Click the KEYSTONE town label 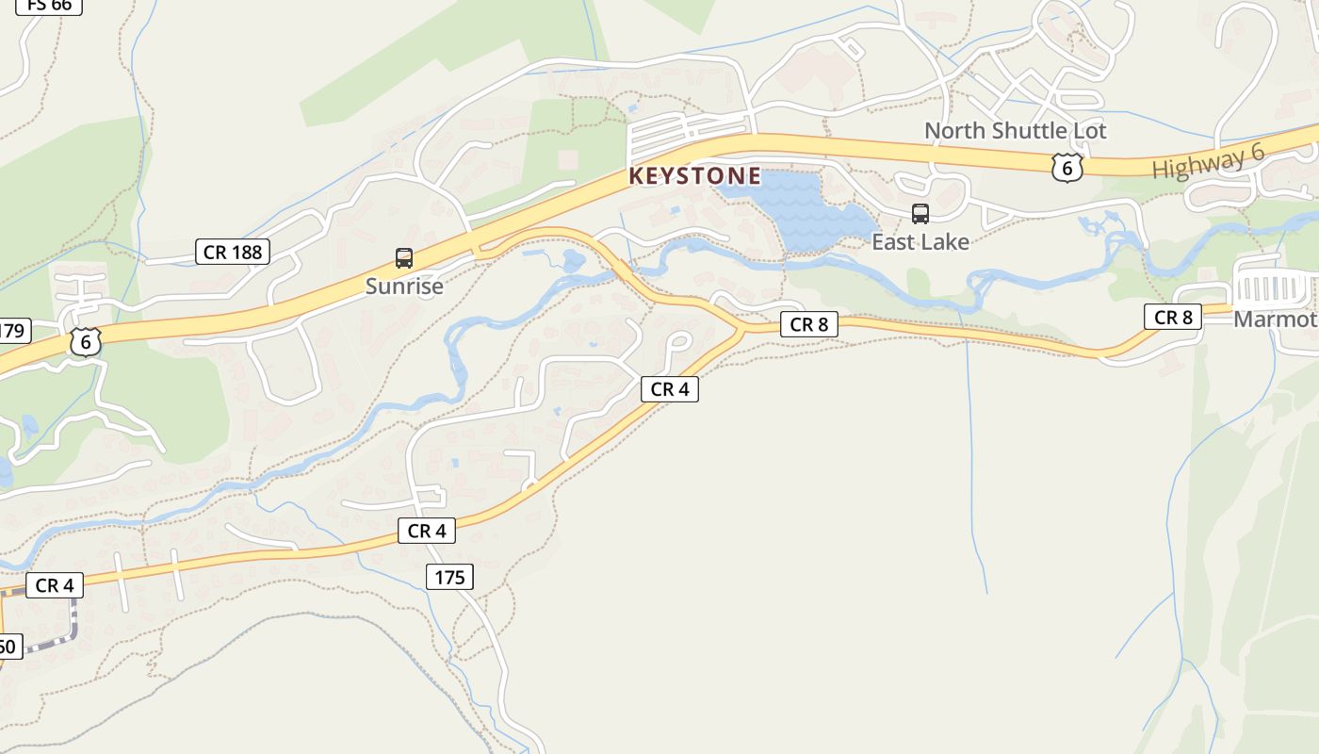[694, 176]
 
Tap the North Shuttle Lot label [1015, 130]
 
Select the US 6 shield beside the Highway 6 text [1067, 168]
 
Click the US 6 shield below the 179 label [85, 342]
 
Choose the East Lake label [920, 242]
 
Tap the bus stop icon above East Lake [920, 214]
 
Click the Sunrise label [404, 286]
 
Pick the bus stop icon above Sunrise [404, 257]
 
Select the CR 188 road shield [233, 252]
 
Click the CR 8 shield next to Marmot [1173, 318]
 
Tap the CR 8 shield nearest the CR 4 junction [808, 324]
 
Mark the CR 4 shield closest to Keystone [669, 388]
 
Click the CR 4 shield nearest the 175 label [426, 532]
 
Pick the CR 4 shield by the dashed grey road [54, 585]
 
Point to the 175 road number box [449, 577]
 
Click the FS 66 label [49, 5]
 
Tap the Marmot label [1275, 320]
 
